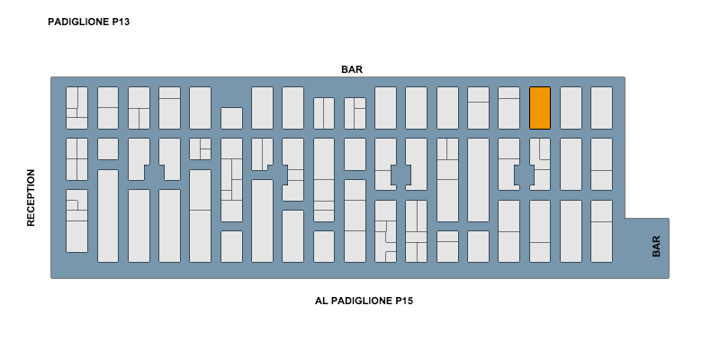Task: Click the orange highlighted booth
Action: [540, 108]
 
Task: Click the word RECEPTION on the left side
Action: [31, 197]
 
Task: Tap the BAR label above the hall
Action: [352, 69]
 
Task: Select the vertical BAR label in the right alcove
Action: [656, 246]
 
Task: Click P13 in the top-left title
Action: [121, 22]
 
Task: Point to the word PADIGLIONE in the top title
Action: [78, 22]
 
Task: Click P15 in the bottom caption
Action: [403, 301]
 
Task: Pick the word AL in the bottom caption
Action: [320, 301]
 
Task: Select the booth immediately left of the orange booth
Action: [508, 108]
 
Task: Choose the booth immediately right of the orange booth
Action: [571, 108]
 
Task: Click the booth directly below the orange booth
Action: [540, 165]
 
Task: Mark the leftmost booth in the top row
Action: [76, 108]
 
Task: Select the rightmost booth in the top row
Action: [601, 108]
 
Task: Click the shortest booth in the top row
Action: [231, 119]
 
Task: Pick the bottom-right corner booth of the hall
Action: [601, 231]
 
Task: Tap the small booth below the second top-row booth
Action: [108, 149]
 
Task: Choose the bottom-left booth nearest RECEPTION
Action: [76, 220]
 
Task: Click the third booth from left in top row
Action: [139, 108]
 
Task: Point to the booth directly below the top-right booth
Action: [601, 165]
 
